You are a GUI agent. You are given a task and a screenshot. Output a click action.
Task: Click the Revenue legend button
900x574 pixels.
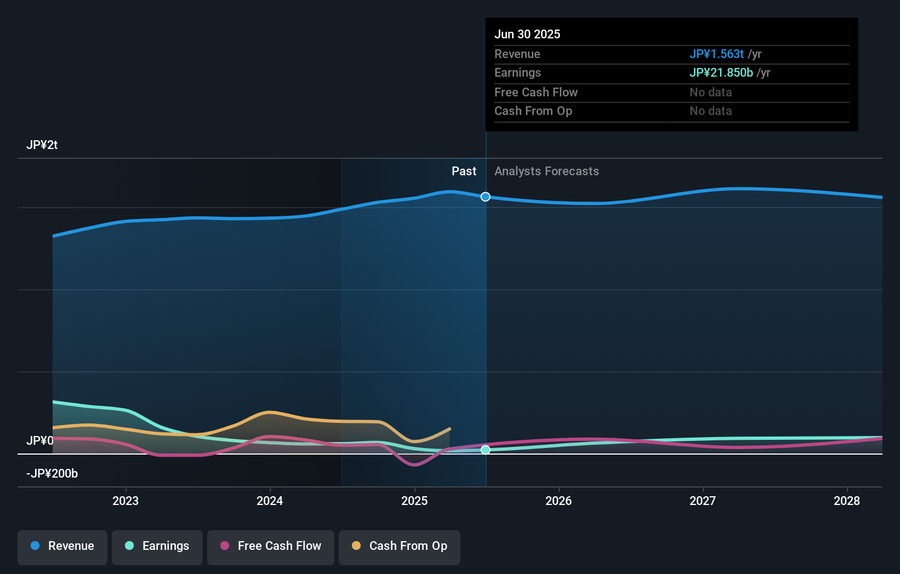pos(62,547)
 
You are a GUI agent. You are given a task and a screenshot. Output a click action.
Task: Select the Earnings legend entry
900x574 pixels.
pos(157,547)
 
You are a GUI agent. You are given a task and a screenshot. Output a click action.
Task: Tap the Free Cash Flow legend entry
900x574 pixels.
pos(271,547)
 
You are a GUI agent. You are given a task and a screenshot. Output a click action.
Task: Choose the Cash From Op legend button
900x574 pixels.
pos(400,547)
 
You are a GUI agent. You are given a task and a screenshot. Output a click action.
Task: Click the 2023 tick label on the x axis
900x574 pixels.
pos(126,501)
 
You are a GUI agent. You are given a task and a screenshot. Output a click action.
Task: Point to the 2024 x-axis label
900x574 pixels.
pos(270,501)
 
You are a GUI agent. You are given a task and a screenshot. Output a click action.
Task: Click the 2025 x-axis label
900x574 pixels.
pos(414,501)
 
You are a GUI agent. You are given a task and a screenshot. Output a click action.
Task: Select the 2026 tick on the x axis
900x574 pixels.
pos(559,501)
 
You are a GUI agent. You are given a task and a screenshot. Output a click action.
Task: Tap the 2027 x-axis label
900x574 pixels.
pos(703,501)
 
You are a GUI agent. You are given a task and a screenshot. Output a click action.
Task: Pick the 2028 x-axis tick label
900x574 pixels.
pos(847,501)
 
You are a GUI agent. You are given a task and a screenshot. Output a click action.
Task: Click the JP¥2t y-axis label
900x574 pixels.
pos(42,145)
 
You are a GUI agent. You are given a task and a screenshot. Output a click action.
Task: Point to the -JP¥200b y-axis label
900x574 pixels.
pos(52,474)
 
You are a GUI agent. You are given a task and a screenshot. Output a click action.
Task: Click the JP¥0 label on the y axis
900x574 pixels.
pos(39,441)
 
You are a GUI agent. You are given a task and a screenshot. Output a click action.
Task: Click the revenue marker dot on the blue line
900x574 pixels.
pos(486,197)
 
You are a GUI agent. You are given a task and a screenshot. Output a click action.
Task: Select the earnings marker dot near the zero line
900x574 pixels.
pos(486,450)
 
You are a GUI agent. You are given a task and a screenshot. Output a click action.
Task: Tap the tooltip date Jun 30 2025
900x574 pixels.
pos(527,34)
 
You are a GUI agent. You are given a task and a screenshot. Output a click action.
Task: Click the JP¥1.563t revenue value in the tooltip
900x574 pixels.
pos(716,54)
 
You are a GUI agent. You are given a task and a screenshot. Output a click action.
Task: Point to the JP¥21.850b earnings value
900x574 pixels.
pos(721,73)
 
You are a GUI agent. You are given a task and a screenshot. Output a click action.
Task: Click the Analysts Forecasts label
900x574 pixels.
pos(546,171)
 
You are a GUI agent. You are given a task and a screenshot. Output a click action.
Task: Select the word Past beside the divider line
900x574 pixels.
pos(464,171)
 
